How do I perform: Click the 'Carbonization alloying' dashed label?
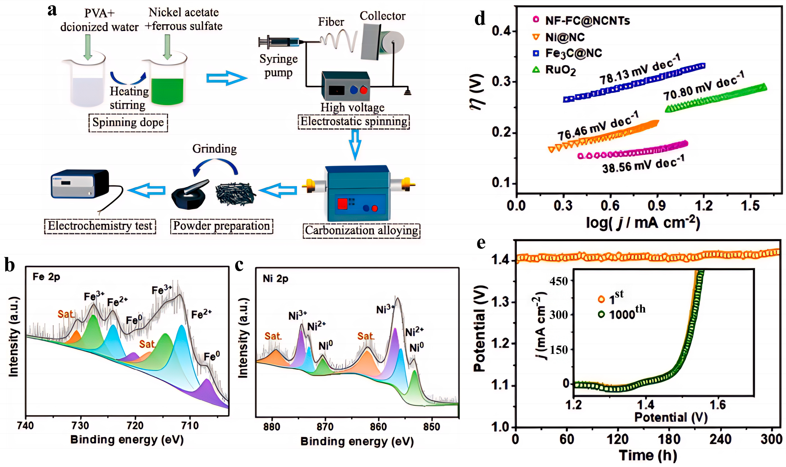(361, 230)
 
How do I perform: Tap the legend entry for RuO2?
(560, 70)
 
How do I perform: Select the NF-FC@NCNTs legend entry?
(587, 21)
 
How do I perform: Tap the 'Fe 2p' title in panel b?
(46, 277)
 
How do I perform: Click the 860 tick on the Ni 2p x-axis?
(378, 427)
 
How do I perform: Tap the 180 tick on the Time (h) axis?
(669, 439)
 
